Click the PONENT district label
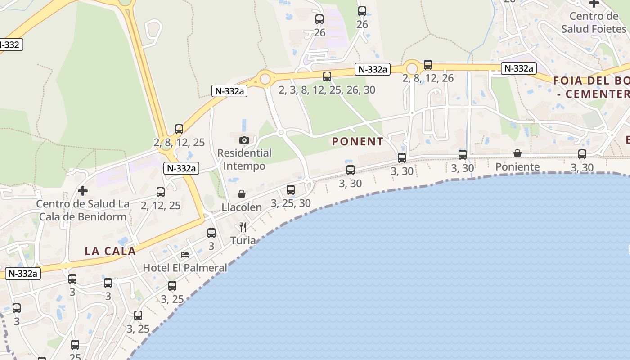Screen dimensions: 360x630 pyautogui.click(x=358, y=141)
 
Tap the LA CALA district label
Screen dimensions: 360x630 pyautogui.click(x=110, y=251)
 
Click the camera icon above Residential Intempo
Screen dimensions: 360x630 pyautogui.click(x=244, y=140)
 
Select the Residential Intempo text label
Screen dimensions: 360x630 pyautogui.click(x=244, y=159)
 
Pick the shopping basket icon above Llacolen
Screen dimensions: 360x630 pyautogui.click(x=242, y=194)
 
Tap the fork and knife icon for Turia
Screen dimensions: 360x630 pyautogui.click(x=243, y=227)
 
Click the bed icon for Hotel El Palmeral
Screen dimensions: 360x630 pyautogui.click(x=185, y=255)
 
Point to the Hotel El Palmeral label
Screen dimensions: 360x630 pyautogui.click(x=185, y=268)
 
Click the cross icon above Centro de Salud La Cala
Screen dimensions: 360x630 pyautogui.click(x=83, y=190)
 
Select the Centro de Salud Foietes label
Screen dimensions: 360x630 pyautogui.click(x=594, y=22)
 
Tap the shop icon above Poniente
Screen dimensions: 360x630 pyautogui.click(x=517, y=154)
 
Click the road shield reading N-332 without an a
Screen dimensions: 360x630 pyautogui.click(x=9, y=45)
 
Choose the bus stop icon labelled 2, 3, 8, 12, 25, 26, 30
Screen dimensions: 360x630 pyautogui.click(x=327, y=76)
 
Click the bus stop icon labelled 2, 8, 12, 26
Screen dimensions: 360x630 pyautogui.click(x=428, y=65)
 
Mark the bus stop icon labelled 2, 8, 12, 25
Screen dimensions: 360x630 pyautogui.click(x=179, y=129)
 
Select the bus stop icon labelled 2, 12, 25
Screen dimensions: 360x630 pyautogui.click(x=161, y=192)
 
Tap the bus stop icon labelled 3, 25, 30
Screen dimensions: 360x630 pyautogui.click(x=291, y=190)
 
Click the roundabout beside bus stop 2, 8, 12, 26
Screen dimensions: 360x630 pyautogui.click(x=412, y=68)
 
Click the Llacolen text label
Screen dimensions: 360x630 pyautogui.click(x=242, y=207)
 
